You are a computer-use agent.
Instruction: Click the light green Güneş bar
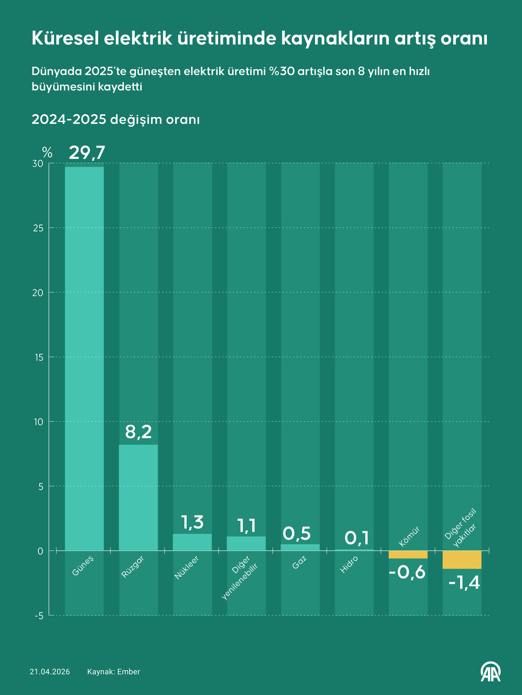(x=84, y=358)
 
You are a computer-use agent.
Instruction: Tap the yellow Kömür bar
(x=408, y=554)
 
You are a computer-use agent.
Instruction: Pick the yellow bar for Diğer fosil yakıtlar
(x=461, y=560)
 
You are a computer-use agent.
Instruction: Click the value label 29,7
(x=87, y=153)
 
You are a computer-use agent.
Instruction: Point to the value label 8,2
(x=138, y=432)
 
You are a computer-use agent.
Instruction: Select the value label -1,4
(x=464, y=582)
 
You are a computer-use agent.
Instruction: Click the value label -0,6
(x=407, y=572)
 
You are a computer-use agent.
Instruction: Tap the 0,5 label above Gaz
(x=297, y=534)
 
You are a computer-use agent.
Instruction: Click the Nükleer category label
(x=186, y=568)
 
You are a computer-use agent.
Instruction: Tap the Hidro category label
(x=349, y=565)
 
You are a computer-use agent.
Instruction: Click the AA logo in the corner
(x=491, y=671)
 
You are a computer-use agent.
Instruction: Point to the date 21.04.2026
(x=50, y=672)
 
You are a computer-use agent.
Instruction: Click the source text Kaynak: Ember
(x=114, y=672)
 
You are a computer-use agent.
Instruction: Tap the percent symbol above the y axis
(x=47, y=152)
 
